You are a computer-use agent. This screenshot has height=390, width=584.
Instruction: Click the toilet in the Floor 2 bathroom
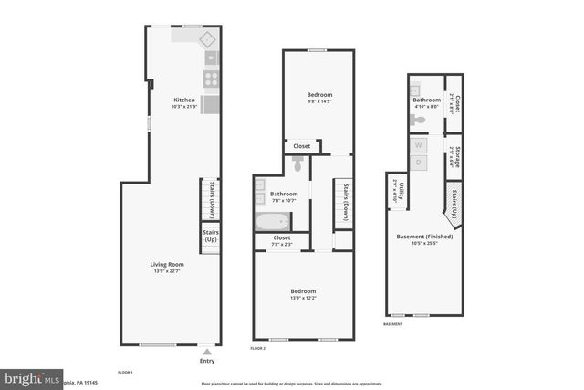(297, 163)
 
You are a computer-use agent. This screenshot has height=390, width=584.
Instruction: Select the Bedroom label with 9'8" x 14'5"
(318, 96)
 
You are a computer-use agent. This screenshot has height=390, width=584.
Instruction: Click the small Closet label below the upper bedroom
(301, 146)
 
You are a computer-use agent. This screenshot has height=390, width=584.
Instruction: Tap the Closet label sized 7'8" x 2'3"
(281, 240)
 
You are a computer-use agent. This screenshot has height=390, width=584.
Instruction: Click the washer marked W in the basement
(419, 145)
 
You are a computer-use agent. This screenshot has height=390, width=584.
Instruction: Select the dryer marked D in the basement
(419, 162)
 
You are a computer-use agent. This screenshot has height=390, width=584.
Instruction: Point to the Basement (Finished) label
(424, 239)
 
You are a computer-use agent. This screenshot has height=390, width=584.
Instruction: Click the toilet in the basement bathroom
(418, 119)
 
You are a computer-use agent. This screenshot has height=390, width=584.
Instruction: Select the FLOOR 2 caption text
(258, 348)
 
